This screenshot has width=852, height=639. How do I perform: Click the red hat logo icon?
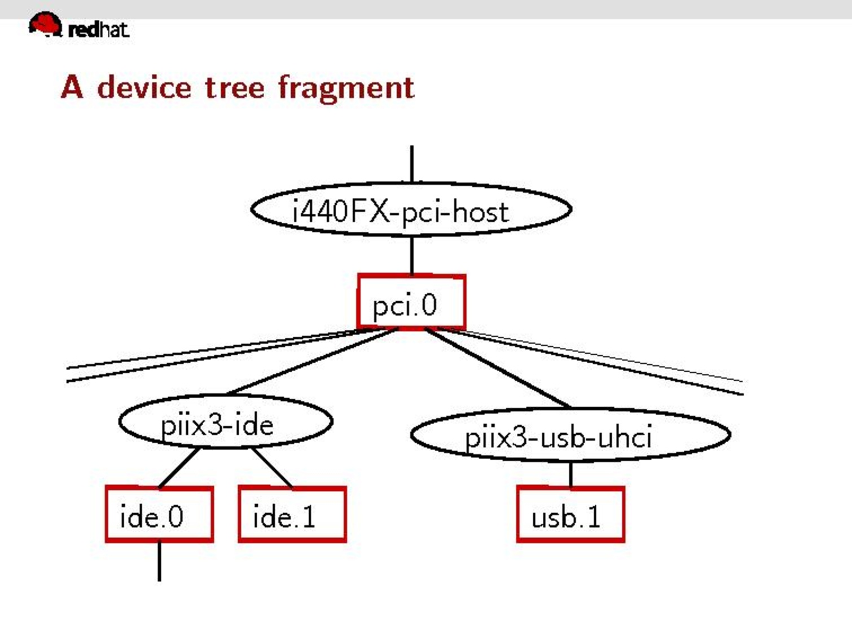click(x=45, y=24)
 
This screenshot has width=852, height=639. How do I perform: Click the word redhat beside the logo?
click(x=98, y=29)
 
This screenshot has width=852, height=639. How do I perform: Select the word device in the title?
click(x=144, y=88)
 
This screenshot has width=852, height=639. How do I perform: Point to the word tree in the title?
click(x=234, y=89)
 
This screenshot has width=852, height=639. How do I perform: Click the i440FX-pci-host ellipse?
click(x=411, y=210)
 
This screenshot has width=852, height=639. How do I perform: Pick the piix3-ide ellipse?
click(x=225, y=422)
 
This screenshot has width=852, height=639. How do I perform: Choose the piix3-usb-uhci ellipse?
click(x=570, y=435)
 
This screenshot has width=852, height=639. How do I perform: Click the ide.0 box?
click(x=159, y=514)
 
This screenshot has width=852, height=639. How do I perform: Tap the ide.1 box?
click(x=292, y=514)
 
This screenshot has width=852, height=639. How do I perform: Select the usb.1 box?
click(x=570, y=514)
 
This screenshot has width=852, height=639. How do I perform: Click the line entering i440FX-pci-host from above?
click(x=412, y=164)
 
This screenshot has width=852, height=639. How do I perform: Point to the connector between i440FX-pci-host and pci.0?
click(x=412, y=255)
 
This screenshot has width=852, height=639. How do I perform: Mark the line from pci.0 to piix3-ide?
click(x=311, y=361)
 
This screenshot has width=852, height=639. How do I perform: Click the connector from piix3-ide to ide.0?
click(x=179, y=468)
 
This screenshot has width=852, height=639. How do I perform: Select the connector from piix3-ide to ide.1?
click(x=272, y=468)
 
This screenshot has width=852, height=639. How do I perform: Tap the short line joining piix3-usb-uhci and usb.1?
click(x=570, y=474)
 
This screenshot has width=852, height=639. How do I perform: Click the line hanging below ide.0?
click(x=160, y=561)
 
